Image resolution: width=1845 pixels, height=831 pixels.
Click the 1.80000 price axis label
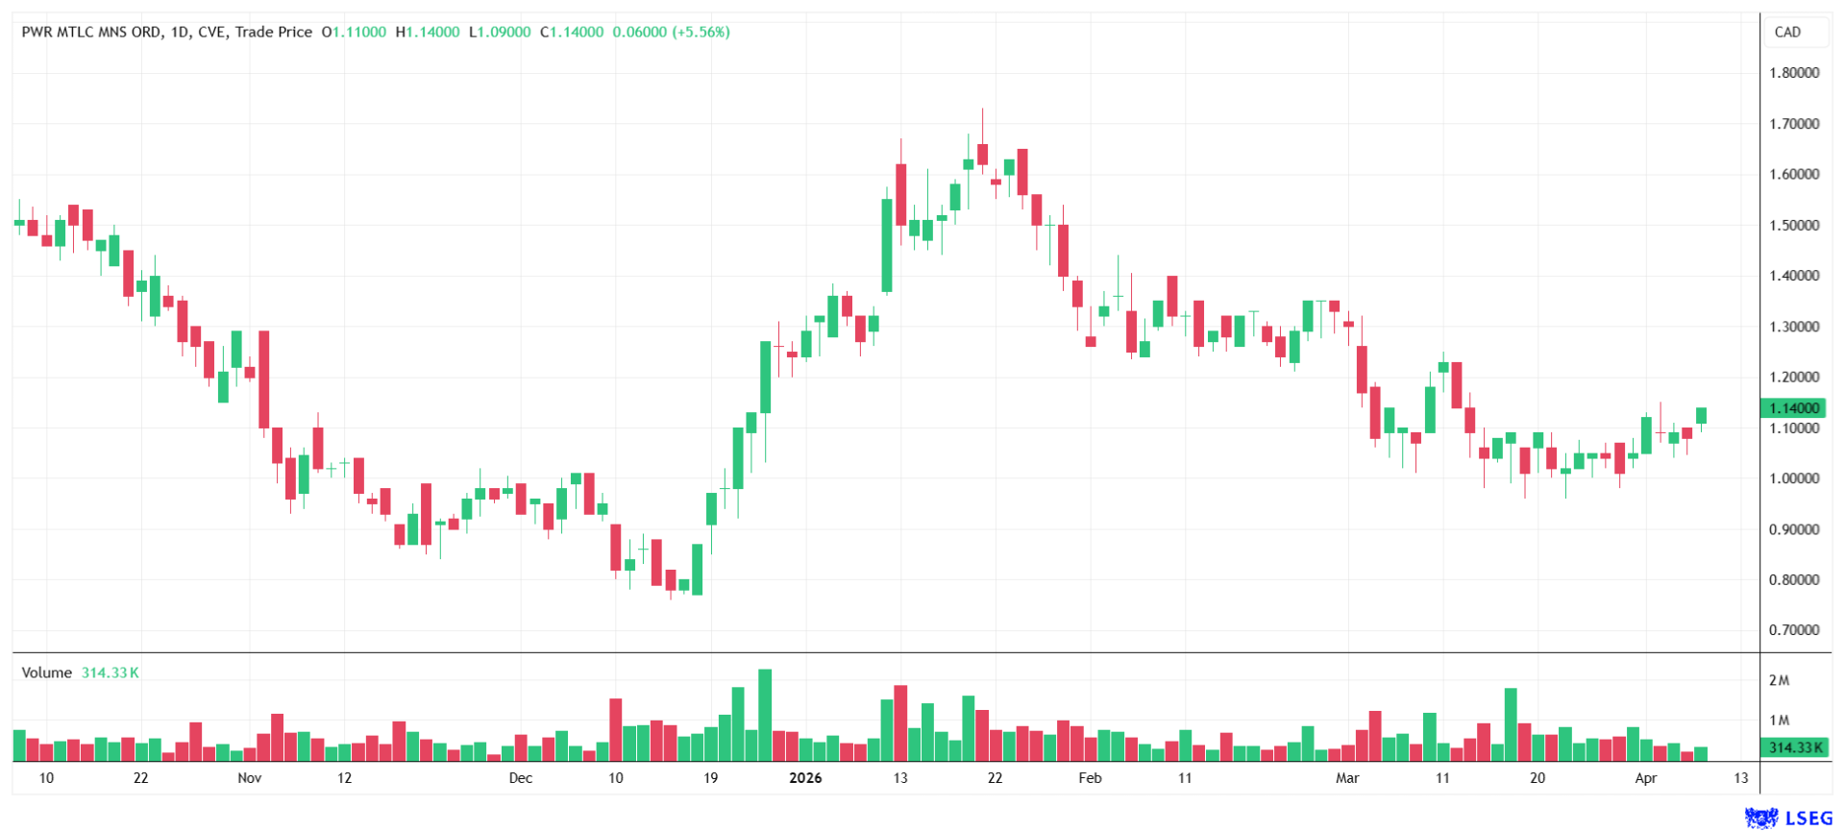pyautogui.click(x=1794, y=73)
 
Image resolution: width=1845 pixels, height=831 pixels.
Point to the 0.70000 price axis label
pyautogui.click(x=1794, y=630)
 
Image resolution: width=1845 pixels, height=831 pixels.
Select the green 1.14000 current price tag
pyautogui.click(x=1794, y=408)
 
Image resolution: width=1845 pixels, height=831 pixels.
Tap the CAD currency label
pyautogui.click(x=1787, y=32)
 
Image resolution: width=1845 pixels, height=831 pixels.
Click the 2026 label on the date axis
pyautogui.click(x=805, y=778)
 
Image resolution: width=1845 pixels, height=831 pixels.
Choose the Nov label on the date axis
pyautogui.click(x=249, y=778)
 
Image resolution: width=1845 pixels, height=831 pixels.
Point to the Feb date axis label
pyautogui.click(x=1090, y=778)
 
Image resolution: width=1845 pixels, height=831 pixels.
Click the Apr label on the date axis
pyautogui.click(x=1646, y=778)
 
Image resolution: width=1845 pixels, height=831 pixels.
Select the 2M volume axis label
pyautogui.click(x=1779, y=680)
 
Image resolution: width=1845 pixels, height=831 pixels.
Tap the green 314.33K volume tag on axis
pyautogui.click(x=1794, y=747)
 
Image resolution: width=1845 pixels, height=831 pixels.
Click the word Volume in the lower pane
pyautogui.click(x=46, y=672)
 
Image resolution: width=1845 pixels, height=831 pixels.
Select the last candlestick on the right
pyautogui.click(x=1702, y=415)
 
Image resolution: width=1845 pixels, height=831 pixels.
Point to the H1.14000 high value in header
pyautogui.click(x=428, y=32)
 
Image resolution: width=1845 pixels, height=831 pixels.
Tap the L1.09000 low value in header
pyautogui.click(x=500, y=32)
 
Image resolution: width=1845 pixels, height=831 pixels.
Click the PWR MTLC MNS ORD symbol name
pyautogui.click(x=91, y=32)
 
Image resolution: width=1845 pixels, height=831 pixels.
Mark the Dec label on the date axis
pyautogui.click(x=520, y=778)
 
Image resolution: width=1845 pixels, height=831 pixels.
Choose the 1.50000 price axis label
pyautogui.click(x=1794, y=225)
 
